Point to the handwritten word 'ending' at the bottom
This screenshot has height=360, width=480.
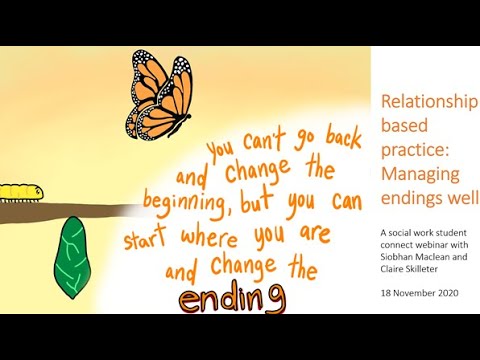[232, 298]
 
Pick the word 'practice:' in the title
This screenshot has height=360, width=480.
[410, 152]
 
